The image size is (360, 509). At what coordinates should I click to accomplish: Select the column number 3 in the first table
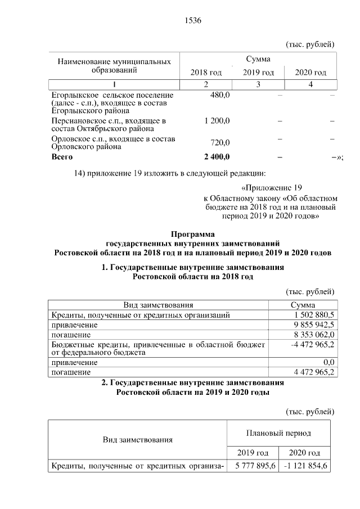pyautogui.click(x=258, y=84)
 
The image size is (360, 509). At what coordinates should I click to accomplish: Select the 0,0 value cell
pyautogui.click(x=326, y=362)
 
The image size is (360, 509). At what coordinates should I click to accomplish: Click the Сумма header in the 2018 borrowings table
pyautogui.click(x=303, y=305)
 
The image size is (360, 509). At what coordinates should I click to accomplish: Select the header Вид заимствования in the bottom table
pyautogui.click(x=137, y=439)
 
